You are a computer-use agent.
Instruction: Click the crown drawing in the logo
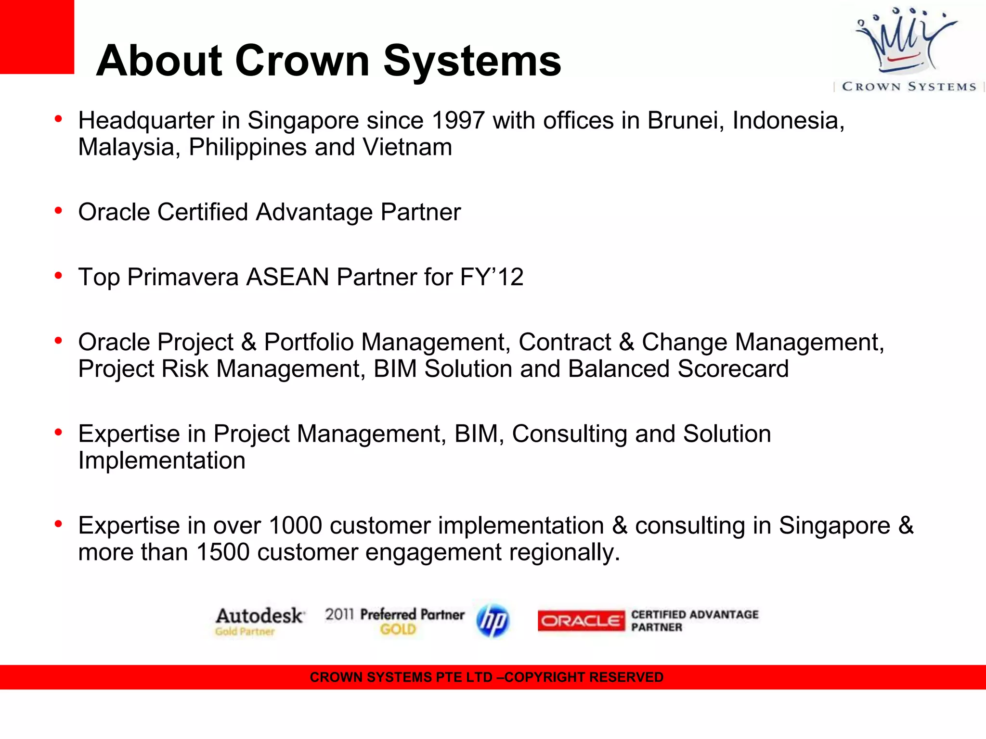tap(905, 41)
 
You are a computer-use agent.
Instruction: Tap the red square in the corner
tap(37, 37)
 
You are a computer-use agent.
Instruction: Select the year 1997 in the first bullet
tap(458, 120)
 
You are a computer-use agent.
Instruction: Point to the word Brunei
tap(686, 120)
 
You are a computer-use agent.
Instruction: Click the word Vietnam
tap(407, 147)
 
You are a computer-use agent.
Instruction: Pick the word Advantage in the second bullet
tap(314, 212)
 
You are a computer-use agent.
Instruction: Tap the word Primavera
tap(183, 277)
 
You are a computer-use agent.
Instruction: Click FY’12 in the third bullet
tap(492, 277)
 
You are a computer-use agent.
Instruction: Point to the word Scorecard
tap(733, 369)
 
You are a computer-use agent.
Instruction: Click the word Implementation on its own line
tap(162, 460)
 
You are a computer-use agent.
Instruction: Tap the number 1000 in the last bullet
tap(295, 525)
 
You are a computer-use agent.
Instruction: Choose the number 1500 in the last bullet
tap(223, 552)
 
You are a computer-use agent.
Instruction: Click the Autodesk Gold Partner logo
tap(259, 621)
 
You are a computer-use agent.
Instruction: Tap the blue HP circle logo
tap(493, 621)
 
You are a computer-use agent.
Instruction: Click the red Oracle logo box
tap(581, 621)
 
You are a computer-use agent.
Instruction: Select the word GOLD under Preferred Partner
tap(398, 629)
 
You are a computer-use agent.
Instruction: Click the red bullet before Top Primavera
tap(59, 276)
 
